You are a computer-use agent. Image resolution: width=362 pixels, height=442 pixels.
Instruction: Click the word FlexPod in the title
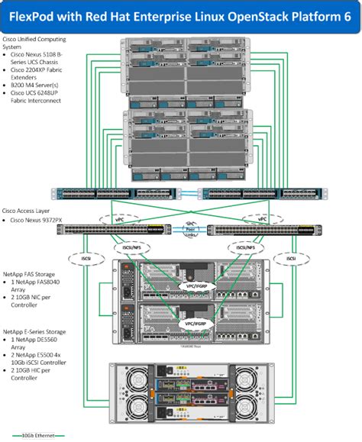tap(37, 15)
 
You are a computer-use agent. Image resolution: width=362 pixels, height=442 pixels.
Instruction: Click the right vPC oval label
tap(262, 218)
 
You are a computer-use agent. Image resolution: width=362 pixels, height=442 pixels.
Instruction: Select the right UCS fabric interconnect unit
tap(252, 194)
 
